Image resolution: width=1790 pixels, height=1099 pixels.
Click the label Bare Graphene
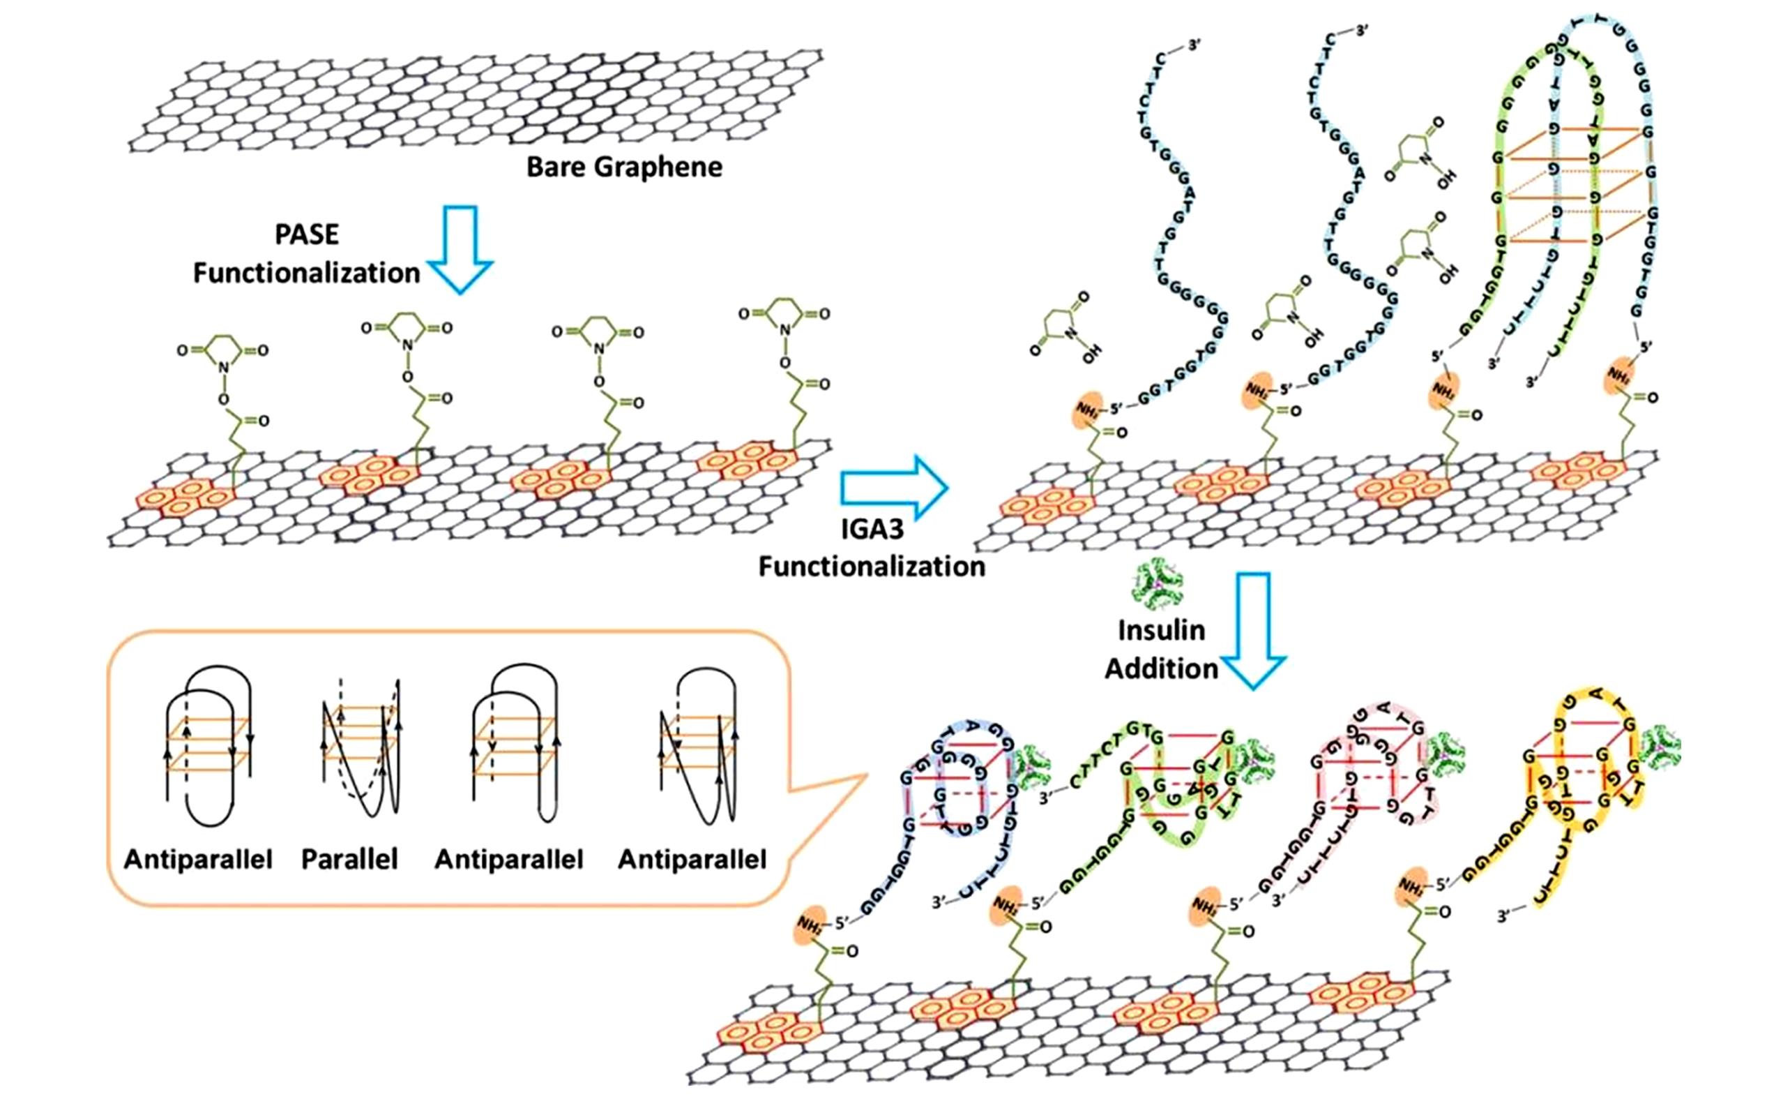tap(624, 167)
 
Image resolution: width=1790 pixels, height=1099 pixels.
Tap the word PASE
tap(307, 234)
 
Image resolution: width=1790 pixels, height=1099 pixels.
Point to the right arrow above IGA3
tap(894, 488)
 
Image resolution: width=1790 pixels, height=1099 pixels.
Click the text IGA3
tap(872, 529)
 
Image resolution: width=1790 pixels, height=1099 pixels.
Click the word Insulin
tap(1161, 630)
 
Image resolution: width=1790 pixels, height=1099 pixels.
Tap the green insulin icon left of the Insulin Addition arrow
tap(1158, 585)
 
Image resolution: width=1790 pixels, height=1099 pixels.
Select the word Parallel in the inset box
tap(349, 859)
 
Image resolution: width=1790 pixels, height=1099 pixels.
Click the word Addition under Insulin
tap(1161, 668)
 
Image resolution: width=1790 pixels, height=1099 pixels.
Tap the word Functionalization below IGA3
tap(872, 567)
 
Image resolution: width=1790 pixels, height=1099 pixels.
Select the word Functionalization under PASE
tap(307, 274)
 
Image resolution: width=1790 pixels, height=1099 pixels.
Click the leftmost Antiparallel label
tap(197, 859)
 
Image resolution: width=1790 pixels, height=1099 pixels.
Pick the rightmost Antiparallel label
tap(692, 859)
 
